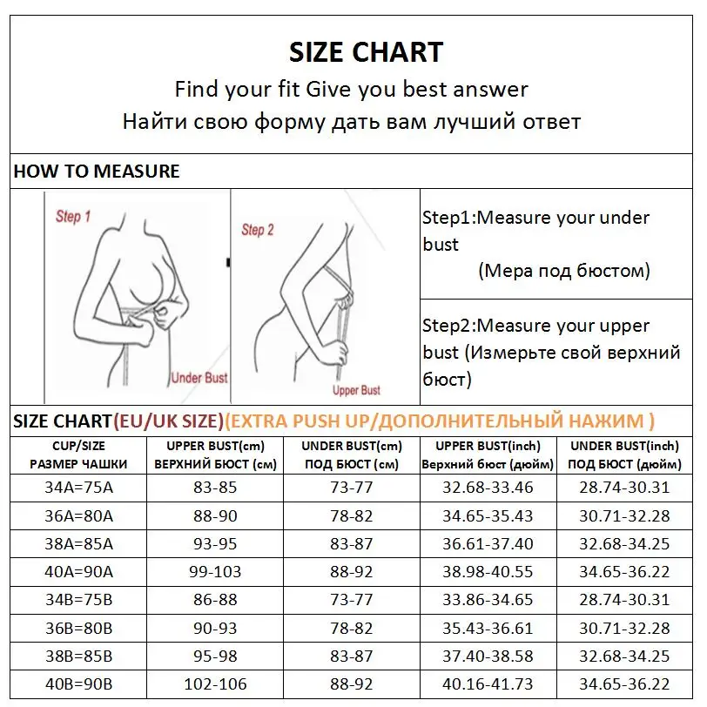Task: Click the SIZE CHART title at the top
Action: point(366,52)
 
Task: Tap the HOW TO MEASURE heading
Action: point(97,172)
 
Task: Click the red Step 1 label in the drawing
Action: point(73,216)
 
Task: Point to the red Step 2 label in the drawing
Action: point(258,230)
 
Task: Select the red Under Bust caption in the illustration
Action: point(199,378)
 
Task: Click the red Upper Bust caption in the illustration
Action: point(356,390)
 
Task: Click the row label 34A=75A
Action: point(78,487)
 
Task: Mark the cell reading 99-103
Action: point(215,572)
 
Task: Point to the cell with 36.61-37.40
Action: point(488,543)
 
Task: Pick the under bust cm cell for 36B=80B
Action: point(351,629)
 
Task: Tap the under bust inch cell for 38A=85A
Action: point(624,543)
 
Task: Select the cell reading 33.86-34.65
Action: point(488,600)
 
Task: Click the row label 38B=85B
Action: point(78,656)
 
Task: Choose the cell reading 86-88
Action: point(215,600)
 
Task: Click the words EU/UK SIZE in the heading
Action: point(168,421)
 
